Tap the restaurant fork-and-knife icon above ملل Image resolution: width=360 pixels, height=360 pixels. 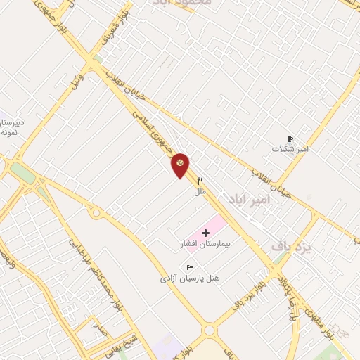pos(200,181)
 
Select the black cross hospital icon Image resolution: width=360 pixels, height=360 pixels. pos(205,233)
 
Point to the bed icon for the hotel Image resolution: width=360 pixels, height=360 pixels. pos(189,267)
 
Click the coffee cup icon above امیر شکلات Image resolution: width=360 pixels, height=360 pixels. pos(290,139)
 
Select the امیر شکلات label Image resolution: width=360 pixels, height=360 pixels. pos(292,150)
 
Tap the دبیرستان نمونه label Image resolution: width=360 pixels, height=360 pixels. pos(13,127)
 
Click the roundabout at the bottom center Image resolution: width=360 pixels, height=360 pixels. pos(209,330)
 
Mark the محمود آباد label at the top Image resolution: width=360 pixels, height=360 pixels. pos(185,4)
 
